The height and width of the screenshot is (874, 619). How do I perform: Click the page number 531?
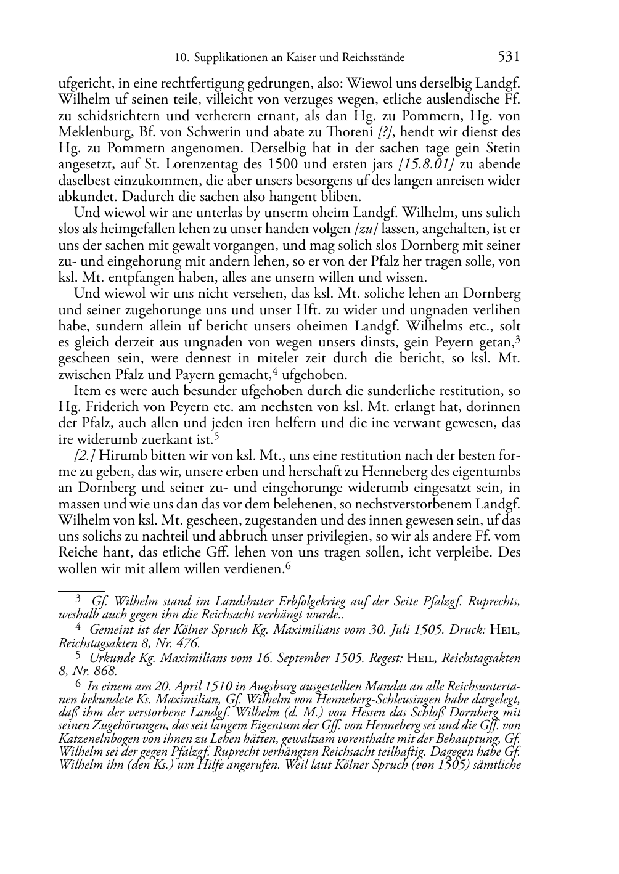pos(508,57)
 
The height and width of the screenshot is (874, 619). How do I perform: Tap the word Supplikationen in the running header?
pos(232,58)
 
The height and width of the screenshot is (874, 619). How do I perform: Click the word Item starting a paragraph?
pos(86,391)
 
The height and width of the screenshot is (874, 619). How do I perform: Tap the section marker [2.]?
pos(84,455)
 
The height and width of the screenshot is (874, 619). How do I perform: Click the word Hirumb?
pos(120,455)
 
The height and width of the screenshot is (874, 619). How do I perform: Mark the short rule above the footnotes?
pos(81,590)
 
